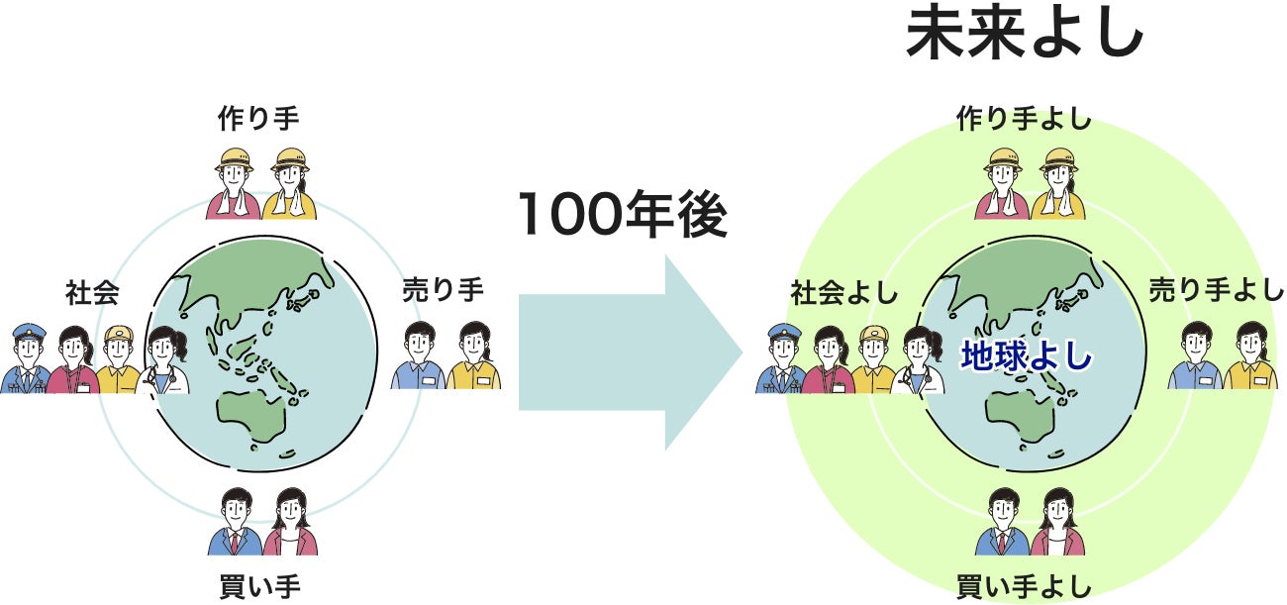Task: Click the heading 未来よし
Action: pyautogui.click(x=1025, y=38)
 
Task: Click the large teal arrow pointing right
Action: pyautogui.click(x=630, y=353)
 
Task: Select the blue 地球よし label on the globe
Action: pyautogui.click(x=1026, y=355)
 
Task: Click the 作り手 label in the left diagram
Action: pyautogui.click(x=258, y=119)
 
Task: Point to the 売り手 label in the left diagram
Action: pyautogui.click(x=443, y=290)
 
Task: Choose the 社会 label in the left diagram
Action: pyautogui.click(x=92, y=293)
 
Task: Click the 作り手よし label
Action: pyautogui.click(x=1024, y=120)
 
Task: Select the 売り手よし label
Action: pyautogui.click(x=1217, y=290)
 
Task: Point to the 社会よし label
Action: pyautogui.click(x=843, y=293)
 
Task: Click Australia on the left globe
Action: pyautogui.click(x=250, y=416)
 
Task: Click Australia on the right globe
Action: pyautogui.click(x=1019, y=415)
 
